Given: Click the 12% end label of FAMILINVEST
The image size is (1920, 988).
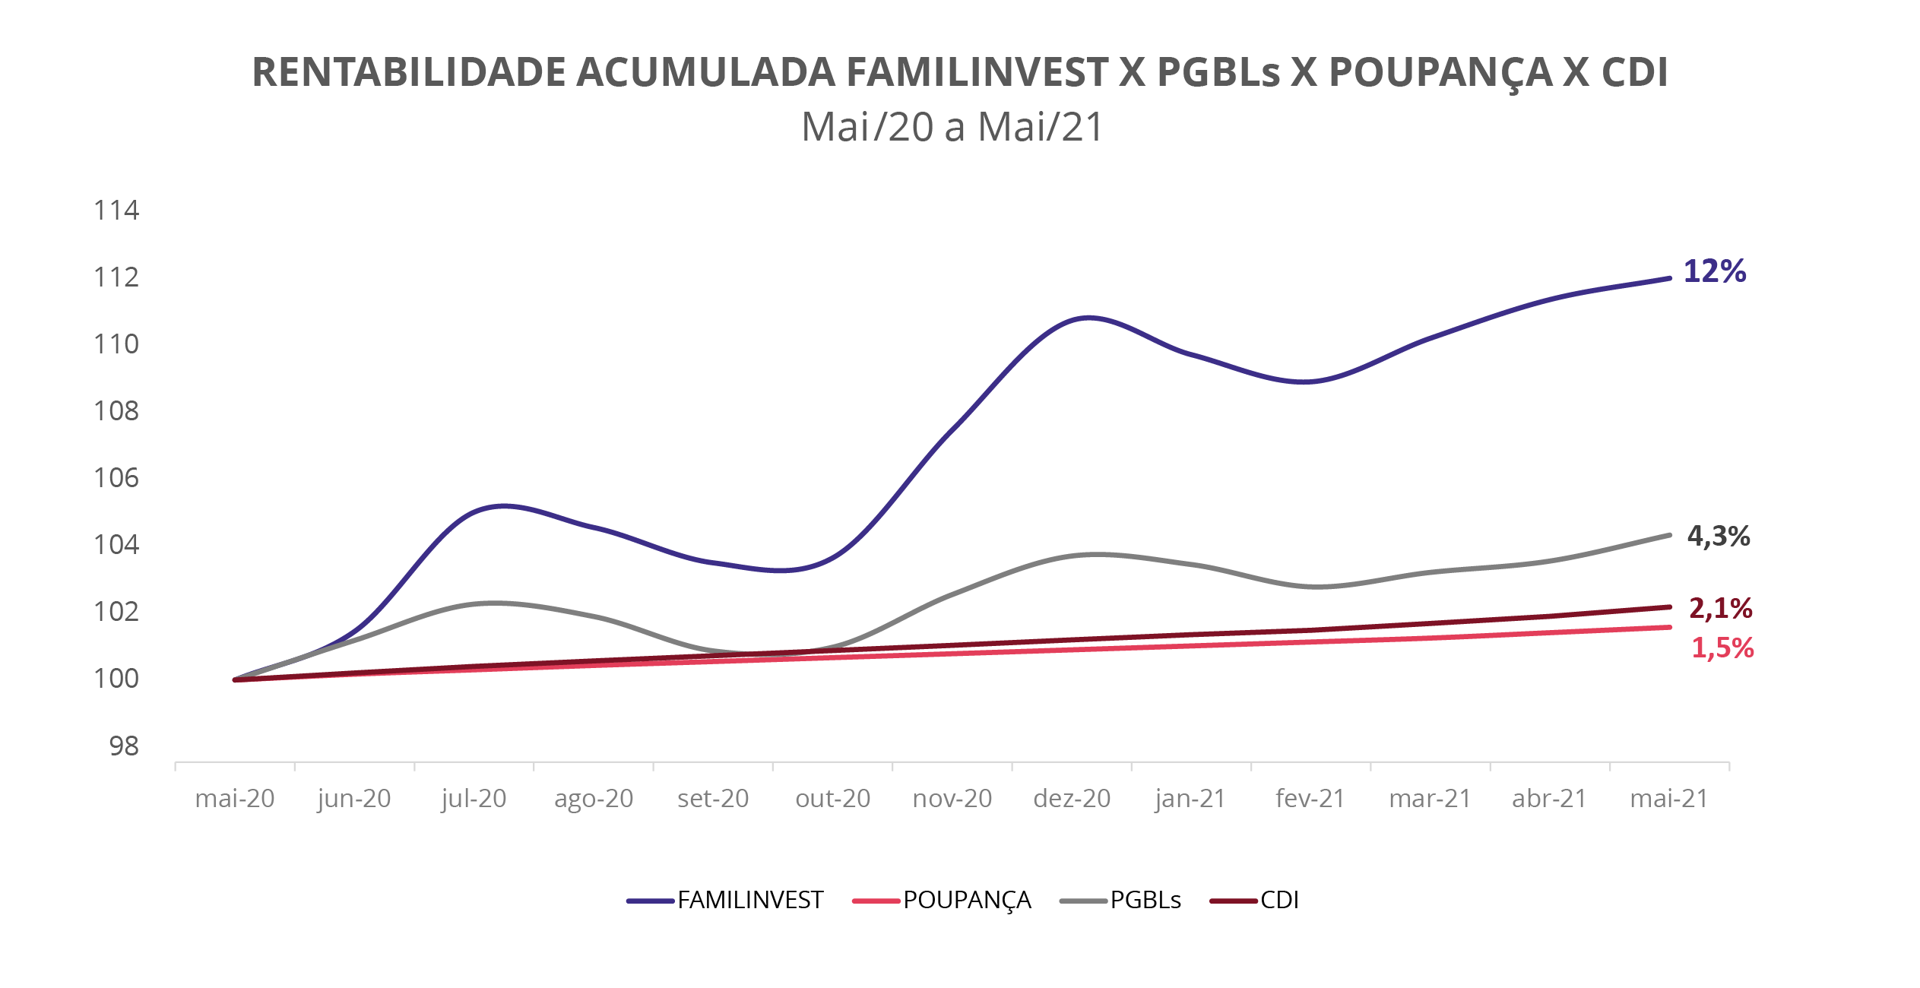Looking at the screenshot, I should pyautogui.click(x=1714, y=271).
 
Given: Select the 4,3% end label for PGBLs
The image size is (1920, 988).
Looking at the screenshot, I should pyautogui.click(x=1718, y=537).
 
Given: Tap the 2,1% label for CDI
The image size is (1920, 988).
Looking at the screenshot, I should pyautogui.click(x=1720, y=608).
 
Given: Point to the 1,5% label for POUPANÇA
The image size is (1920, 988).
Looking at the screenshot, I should pyautogui.click(x=1722, y=648).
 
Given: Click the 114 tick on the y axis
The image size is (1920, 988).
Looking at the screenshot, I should pyautogui.click(x=116, y=211).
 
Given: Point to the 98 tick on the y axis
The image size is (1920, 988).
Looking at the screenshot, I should pyautogui.click(x=124, y=746).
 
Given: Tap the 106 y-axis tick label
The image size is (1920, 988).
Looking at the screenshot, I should pyautogui.click(x=116, y=478).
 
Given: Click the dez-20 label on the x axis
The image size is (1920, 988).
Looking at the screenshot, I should pyautogui.click(x=1072, y=799).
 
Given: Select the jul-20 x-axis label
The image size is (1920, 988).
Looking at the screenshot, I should pyautogui.click(x=474, y=799).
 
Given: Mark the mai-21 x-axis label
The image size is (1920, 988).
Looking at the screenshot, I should pyautogui.click(x=1669, y=799).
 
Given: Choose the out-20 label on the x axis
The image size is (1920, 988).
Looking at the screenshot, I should pyautogui.click(x=832, y=799).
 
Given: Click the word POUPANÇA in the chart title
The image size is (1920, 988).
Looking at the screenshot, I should pyautogui.click(x=1440, y=73).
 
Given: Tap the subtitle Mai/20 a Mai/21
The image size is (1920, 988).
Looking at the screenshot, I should pyautogui.click(x=952, y=127).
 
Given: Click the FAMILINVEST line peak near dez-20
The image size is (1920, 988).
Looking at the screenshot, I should pyautogui.click(x=1088, y=318).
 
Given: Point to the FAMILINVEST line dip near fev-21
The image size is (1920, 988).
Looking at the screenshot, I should pyautogui.click(x=1304, y=382).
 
